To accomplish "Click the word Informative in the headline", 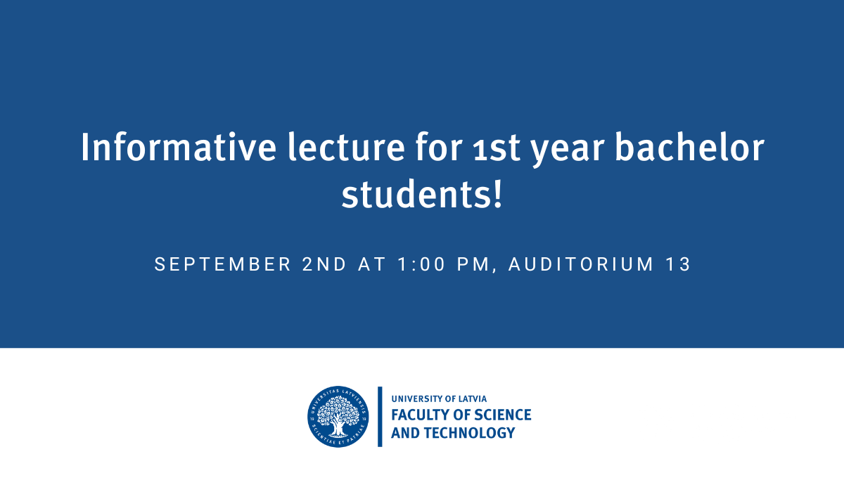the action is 179,147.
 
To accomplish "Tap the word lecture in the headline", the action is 346,147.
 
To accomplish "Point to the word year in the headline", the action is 568,150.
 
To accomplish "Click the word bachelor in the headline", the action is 689,147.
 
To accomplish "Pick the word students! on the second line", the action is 422,194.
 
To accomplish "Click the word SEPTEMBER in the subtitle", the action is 223,264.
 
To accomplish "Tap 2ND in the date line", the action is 324,264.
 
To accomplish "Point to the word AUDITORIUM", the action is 581,264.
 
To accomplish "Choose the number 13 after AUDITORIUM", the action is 677,264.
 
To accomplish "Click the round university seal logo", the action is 338,417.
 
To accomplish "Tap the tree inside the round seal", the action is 338,417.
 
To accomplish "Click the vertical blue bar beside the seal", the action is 380,417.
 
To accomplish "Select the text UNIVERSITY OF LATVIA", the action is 439,399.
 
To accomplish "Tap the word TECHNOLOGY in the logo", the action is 470,433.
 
